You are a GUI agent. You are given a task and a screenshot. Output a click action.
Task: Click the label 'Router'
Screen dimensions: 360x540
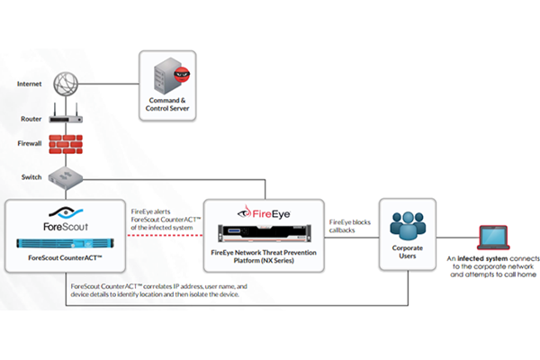pos(31,118)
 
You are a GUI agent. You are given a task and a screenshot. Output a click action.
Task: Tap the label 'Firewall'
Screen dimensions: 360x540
pos(31,143)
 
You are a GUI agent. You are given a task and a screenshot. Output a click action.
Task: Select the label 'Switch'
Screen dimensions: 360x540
pos(31,176)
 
